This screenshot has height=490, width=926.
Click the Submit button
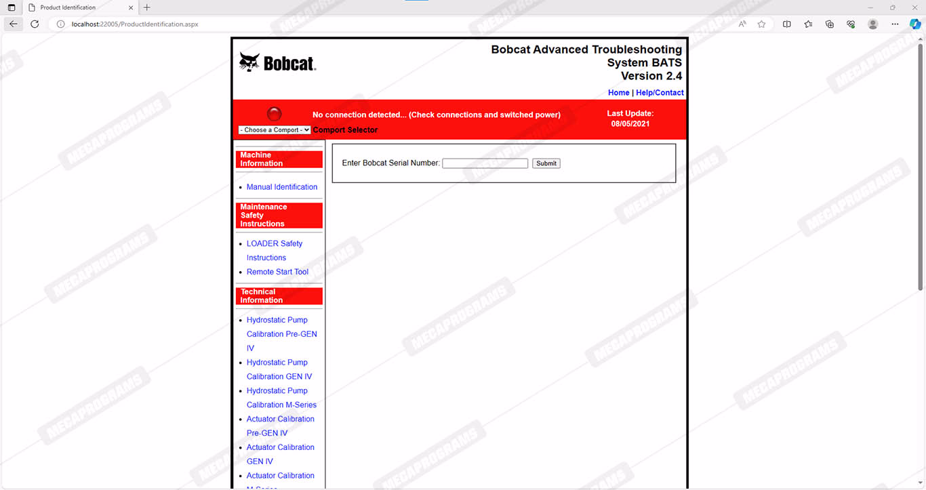point(546,163)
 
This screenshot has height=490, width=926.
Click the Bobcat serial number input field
point(485,163)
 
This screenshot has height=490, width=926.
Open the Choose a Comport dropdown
point(274,130)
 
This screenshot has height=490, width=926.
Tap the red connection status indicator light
point(275,114)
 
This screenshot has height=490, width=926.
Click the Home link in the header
point(618,93)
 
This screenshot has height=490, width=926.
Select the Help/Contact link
point(660,93)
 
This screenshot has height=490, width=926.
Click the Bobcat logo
point(277,63)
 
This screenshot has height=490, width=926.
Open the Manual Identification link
point(281,187)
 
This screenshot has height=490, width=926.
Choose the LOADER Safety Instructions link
point(274,244)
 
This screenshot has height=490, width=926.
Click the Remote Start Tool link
point(277,272)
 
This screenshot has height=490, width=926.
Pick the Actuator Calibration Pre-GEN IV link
point(280,420)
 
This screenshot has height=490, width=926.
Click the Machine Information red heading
point(279,159)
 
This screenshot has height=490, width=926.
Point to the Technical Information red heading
point(279,296)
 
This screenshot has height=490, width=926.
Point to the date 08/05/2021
point(630,124)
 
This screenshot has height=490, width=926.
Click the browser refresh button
point(35,24)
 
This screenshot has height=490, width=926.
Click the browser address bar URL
point(135,24)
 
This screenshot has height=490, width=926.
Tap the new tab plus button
point(147,7)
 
